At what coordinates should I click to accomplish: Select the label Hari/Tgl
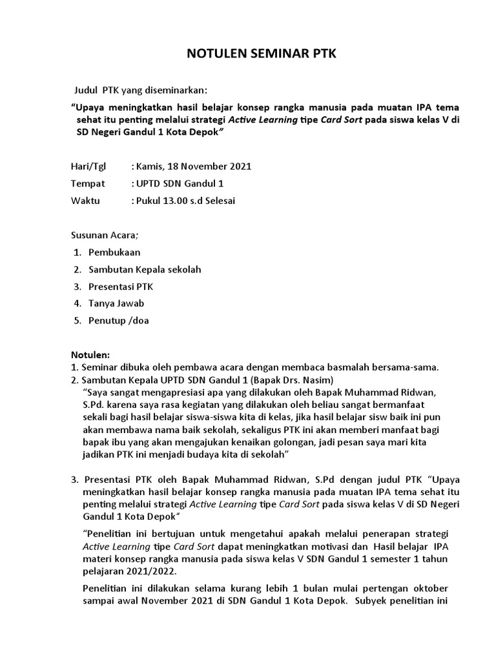pyautogui.click(x=87, y=167)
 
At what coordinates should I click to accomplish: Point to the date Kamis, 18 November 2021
pyautogui.click(x=192, y=167)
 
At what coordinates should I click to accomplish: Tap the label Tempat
pyautogui.click(x=87, y=184)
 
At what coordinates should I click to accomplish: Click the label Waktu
pyautogui.click(x=85, y=201)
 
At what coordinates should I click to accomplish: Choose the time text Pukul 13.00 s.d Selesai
pyautogui.click(x=185, y=201)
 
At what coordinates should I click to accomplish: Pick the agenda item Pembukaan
pyautogui.click(x=114, y=252)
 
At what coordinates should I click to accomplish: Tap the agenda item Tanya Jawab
pyautogui.click(x=116, y=303)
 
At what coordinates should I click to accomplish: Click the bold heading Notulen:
pyautogui.click(x=90, y=354)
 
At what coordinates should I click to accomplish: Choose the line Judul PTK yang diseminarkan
pyautogui.click(x=139, y=90)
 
